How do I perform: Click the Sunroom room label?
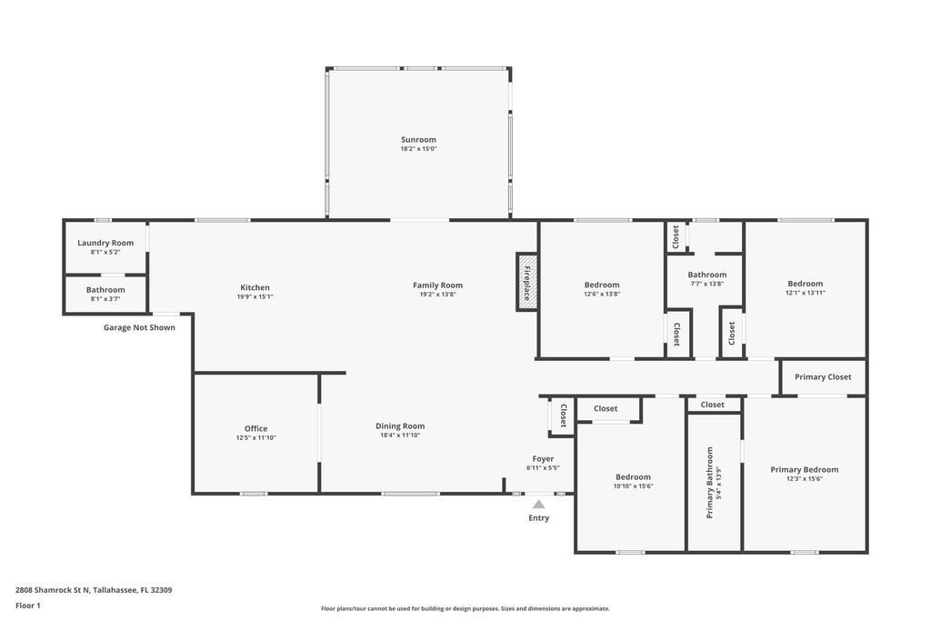tap(418, 140)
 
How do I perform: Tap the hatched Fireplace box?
tap(526, 281)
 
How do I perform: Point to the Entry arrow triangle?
tap(538, 504)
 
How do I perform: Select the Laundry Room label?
tap(105, 243)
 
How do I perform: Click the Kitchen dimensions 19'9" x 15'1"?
tap(255, 296)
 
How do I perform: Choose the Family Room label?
tap(437, 285)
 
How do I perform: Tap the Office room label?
tap(255, 428)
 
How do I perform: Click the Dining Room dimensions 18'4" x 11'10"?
tap(400, 436)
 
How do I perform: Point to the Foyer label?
tap(543, 459)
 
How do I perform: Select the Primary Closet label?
tap(823, 376)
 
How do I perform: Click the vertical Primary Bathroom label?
tap(710, 483)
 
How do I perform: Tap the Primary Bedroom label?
tap(805, 469)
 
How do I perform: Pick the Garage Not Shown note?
tap(139, 327)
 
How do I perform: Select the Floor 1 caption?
tap(28, 606)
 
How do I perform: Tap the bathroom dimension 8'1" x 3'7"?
tap(105, 298)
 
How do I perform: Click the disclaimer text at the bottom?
tap(465, 609)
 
